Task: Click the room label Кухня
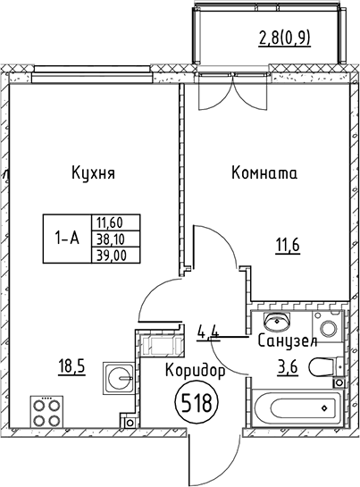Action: point(94,173)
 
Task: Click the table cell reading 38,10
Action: point(108,239)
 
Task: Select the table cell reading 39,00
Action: point(108,254)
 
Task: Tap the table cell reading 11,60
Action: point(108,223)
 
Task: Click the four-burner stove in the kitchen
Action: point(47,412)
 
